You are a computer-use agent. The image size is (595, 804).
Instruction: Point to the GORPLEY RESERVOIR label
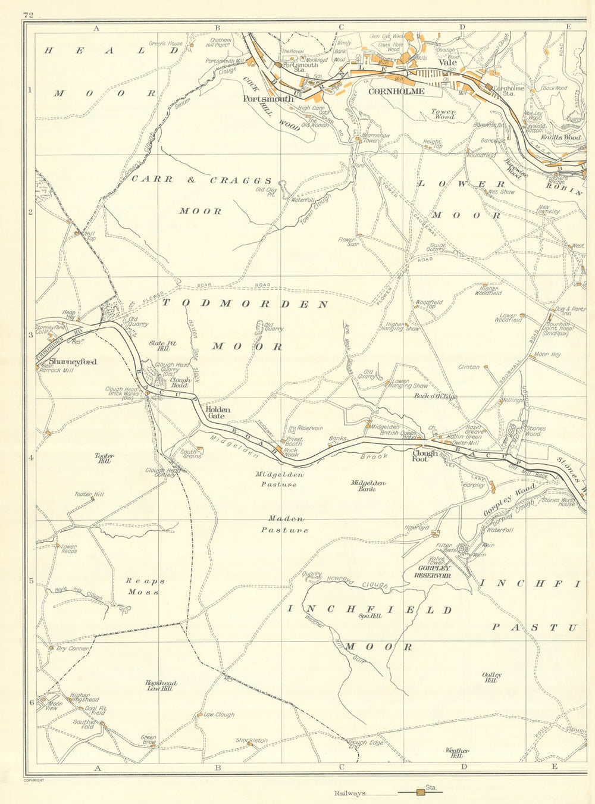click(x=434, y=572)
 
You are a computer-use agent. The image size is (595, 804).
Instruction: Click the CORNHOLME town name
click(x=396, y=91)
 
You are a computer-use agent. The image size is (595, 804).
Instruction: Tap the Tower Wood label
click(x=443, y=114)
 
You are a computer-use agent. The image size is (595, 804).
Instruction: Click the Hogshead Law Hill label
click(x=159, y=686)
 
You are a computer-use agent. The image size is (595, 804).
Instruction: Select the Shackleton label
click(x=251, y=740)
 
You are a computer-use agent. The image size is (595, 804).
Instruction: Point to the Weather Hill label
click(x=457, y=753)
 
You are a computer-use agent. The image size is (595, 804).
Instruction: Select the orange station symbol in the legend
click(x=421, y=792)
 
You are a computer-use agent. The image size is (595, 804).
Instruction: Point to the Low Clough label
click(x=219, y=715)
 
